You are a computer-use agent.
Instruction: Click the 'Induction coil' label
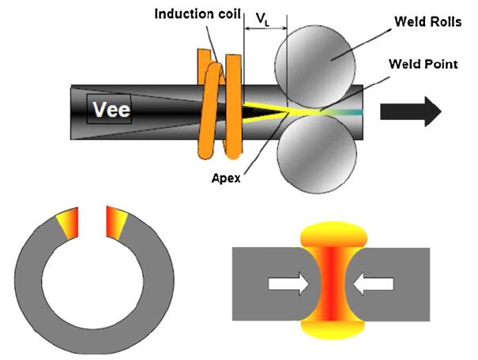coord(193,14)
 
